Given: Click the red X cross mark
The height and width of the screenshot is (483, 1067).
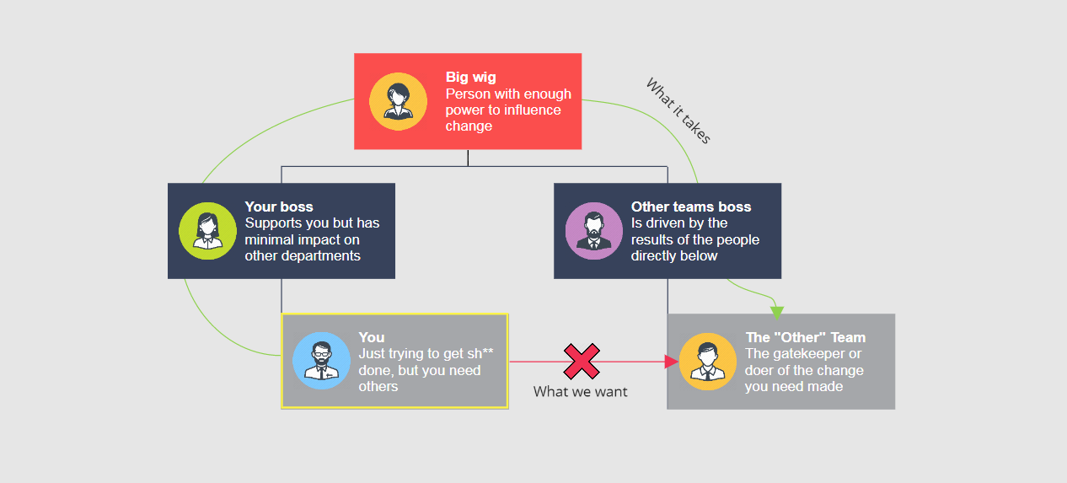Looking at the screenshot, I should coord(582,361).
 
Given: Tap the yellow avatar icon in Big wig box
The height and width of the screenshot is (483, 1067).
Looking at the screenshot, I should coord(398,102).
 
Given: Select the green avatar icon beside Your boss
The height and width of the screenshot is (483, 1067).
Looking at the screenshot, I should coord(207,231).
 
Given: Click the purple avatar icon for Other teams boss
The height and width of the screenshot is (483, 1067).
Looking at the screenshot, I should coord(593,231).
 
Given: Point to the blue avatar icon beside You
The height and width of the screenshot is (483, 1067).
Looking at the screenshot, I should coord(321,361).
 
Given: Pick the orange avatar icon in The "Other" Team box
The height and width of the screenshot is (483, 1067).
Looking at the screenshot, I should coord(707,361).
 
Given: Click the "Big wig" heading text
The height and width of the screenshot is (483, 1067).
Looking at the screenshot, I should coord(471,78).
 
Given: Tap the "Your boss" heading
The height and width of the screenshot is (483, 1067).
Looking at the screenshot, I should coord(279,207).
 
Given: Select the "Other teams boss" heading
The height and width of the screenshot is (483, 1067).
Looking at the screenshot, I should coord(691,207).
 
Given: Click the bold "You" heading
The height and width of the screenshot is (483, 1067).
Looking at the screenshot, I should coord(372,337).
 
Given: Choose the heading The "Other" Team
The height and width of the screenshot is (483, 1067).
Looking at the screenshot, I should coord(805,337).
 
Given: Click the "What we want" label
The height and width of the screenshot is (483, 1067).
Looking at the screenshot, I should coord(581,392).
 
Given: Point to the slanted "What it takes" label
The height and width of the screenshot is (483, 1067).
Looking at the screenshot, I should coord(678,111).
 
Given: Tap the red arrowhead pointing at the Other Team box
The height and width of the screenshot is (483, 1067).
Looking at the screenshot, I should coord(672,362).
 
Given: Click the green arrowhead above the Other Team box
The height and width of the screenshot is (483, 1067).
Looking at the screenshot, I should coord(777,314).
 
